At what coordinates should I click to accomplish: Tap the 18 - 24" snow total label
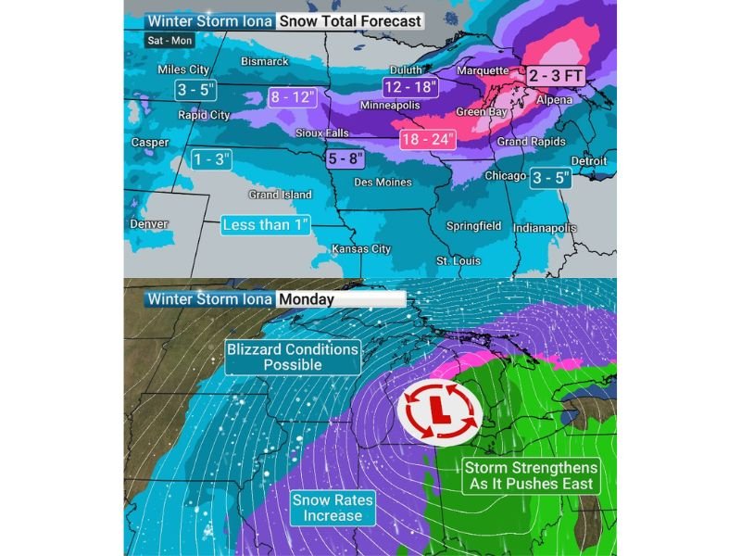tap(429, 141)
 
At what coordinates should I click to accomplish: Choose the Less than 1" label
tap(266, 224)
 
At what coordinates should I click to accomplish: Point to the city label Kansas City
tap(361, 249)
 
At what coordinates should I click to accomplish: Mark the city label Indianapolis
tap(546, 228)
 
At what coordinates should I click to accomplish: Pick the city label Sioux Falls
tap(321, 133)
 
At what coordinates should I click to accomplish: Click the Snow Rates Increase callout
tap(333, 508)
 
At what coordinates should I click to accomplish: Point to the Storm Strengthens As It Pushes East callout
tap(531, 475)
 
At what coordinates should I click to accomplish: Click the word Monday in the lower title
tap(307, 300)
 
